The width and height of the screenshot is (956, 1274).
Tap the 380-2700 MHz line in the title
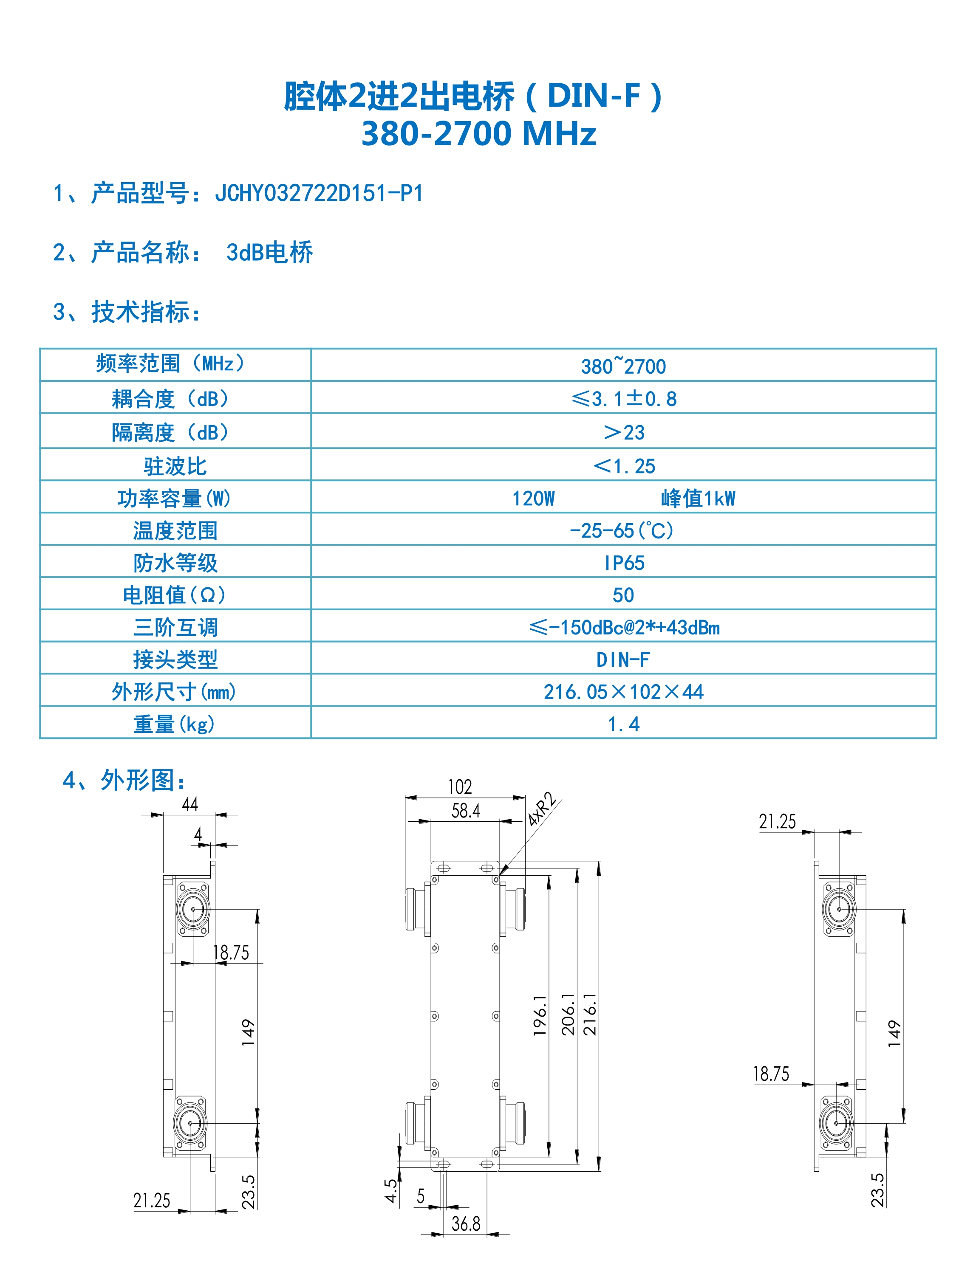(x=478, y=134)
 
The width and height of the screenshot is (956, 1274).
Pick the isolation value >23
(x=623, y=432)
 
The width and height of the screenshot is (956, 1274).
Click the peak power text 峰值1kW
(x=698, y=498)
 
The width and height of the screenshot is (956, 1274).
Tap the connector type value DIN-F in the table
(x=623, y=660)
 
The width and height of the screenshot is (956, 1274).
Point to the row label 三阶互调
(x=175, y=627)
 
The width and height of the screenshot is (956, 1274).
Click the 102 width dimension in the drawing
(x=460, y=787)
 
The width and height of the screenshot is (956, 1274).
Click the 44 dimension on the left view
(x=190, y=805)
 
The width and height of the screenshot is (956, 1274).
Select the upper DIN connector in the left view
(x=192, y=910)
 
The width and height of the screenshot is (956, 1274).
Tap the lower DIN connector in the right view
(x=836, y=1123)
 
